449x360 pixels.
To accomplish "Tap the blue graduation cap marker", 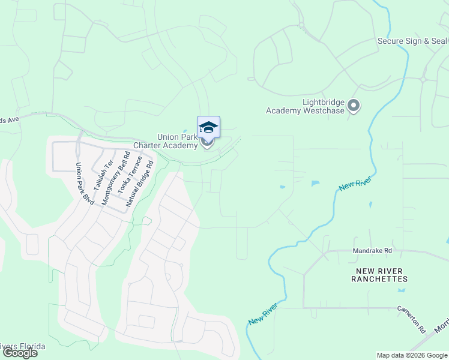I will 208,127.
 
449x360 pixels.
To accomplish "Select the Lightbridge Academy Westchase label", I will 306,106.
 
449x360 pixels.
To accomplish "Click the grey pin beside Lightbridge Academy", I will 354,107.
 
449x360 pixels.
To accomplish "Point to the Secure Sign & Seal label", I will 412,41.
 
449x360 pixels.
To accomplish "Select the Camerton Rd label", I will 411,319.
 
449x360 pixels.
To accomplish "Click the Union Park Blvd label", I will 85,183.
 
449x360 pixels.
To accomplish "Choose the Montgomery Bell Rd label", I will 115,179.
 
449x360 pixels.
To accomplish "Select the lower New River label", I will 263,314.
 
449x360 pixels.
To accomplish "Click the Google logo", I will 20,353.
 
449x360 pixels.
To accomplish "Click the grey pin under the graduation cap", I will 208,143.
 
